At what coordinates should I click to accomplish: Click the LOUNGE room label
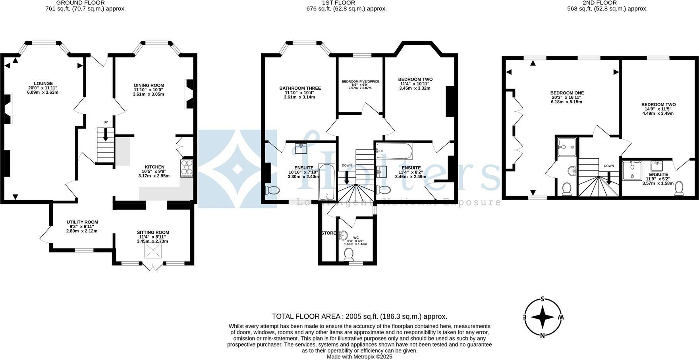[x=43, y=84]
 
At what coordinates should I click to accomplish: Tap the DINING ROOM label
[x=149, y=85]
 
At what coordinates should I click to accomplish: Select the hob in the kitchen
[x=187, y=168]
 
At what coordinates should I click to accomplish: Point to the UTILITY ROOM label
[x=82, y=222]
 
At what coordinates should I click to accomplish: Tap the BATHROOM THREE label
[x=300, y=88]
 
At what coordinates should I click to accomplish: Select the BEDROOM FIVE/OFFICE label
[x=360, y=81]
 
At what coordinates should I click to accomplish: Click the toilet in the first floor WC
[x=349, y=254]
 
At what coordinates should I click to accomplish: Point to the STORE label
[x=329, y=233]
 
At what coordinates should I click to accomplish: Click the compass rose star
[x=543, y=317]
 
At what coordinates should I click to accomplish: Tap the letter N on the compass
[x=542, y=335]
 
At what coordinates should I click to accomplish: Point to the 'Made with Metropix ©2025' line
[x=359, y=357]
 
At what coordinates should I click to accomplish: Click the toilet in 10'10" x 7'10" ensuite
[x=272, y=190]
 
